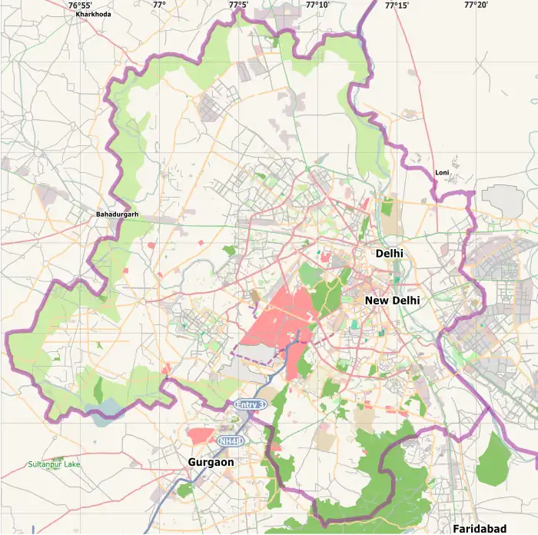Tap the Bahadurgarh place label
tap(117, 214)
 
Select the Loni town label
tap(441, 173)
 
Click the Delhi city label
tap(390, 253)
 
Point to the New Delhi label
tap(392, 301)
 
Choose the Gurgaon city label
tap(211, 462)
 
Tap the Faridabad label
tap(480, 529)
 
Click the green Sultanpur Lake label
tap(53, 464)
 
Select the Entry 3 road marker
tap(250, 404)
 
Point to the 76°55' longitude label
tap(80, 5)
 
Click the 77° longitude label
tap(158, 5)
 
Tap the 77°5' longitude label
tap(238, 5)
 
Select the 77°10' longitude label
tap(317, 5)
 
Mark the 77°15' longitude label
tap(397, 5)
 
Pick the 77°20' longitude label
tap(476, 5)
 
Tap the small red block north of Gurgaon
tap(201, 436)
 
